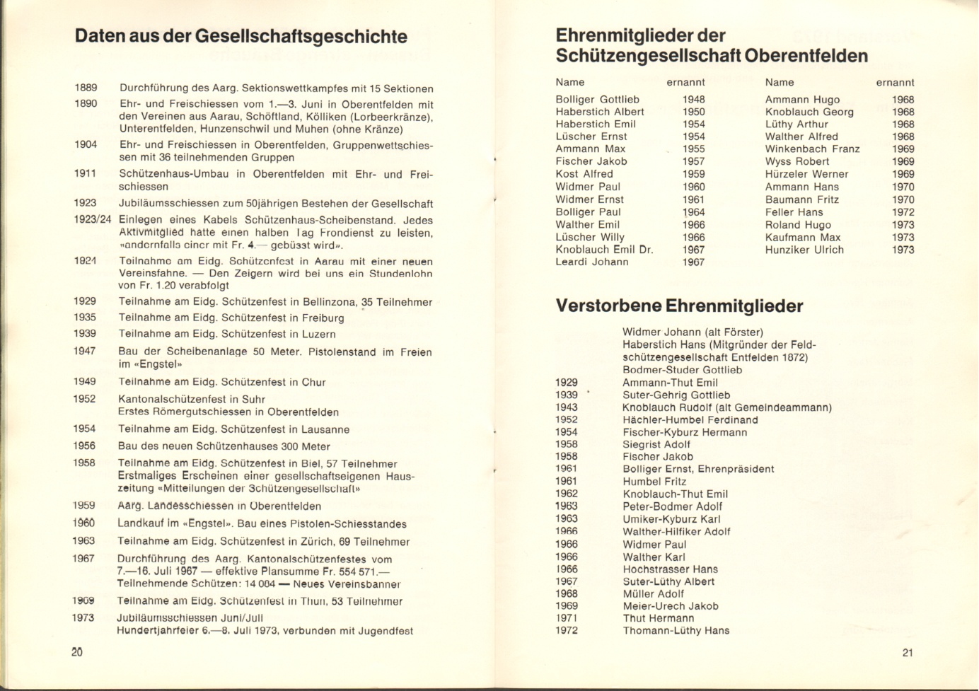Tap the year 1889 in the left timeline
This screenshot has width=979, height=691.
86,88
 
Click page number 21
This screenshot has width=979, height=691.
908,653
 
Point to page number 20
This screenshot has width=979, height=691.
77,652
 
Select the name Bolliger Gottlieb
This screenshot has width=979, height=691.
597,100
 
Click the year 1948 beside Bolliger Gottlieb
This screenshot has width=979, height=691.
693,100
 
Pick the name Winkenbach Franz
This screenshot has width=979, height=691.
812,149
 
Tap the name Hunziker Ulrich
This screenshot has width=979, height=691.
804,250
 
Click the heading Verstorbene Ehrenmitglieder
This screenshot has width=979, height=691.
679,306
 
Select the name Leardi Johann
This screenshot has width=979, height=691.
592,262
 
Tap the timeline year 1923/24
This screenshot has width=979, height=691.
93,219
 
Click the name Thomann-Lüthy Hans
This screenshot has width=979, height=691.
676,631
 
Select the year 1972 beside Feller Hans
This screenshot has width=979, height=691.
903,212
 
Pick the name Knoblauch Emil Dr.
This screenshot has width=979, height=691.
604,250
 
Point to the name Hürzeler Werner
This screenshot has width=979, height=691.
806,174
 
